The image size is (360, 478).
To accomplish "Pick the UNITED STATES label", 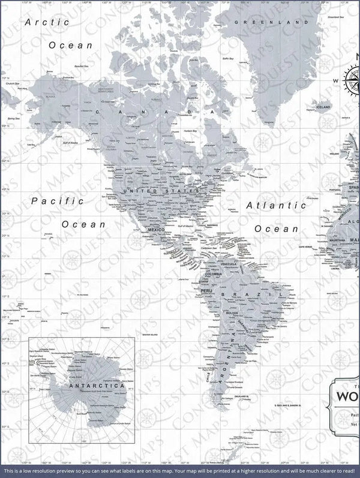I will click(161, 191).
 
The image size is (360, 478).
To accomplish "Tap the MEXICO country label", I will click(156, 230).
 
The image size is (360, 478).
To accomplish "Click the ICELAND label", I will click(323, 107).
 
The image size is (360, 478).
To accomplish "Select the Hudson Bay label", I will click(190, 131).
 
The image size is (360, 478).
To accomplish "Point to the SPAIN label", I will click(353, 187).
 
